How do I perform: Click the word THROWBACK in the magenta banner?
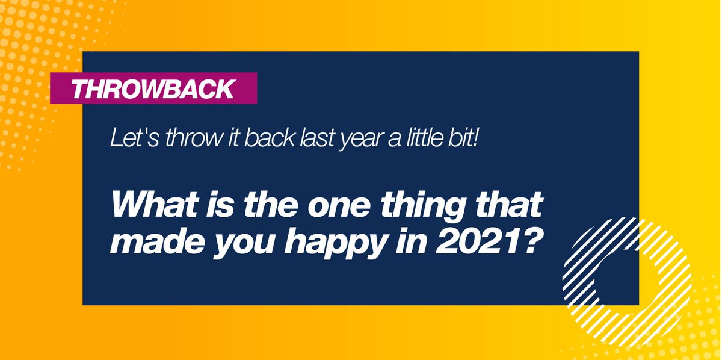click(x=153, y=88)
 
